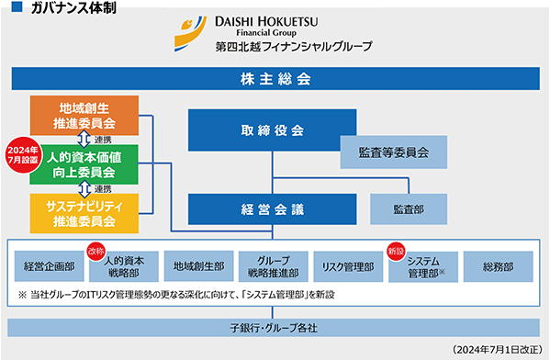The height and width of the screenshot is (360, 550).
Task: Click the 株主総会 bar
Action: tap(275, 79)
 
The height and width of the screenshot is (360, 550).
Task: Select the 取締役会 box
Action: tap(272, 130)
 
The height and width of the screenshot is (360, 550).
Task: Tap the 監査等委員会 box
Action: tap(394, 152)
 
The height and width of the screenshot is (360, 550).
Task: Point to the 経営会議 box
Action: tap(272, 209)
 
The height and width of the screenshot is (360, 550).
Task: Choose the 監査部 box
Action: tap(409, 209)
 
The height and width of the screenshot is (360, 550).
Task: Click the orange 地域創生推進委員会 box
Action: tap(84, 116)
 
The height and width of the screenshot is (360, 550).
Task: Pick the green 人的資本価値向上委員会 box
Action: tap(84, 164)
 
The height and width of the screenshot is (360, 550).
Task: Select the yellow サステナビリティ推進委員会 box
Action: tap(84, 213)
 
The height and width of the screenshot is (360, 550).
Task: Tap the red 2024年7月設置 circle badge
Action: tap(23, 154)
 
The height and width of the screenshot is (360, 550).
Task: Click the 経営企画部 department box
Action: tap(49, 266)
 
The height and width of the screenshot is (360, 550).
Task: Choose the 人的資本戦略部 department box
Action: tap(124, 266)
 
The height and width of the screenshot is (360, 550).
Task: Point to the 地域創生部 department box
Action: tap(199, 266)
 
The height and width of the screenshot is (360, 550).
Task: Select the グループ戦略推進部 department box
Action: tap(274, 266)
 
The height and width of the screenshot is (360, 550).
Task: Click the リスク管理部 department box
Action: tap(348, 266)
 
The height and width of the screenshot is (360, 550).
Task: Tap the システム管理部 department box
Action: tap(423, 267)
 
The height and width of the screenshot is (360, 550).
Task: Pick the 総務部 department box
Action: tap(499, 266)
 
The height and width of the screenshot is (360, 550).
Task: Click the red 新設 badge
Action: tap(396, 251)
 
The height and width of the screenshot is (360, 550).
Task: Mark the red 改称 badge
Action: tap(96, 251)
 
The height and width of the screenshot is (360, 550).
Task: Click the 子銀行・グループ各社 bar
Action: tap(274, 328)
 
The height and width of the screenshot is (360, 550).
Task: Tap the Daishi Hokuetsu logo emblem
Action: tap(190, 33)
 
